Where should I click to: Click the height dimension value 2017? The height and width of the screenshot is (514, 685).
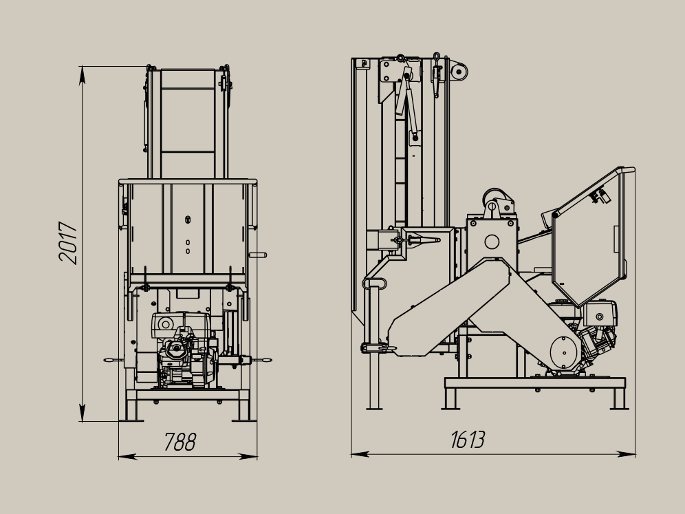coord(67,243)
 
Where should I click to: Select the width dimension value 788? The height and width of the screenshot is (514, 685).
coord(180,442)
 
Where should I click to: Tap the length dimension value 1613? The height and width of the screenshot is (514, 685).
coord(468,440)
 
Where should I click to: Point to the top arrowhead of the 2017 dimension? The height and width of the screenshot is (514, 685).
coord(82,75)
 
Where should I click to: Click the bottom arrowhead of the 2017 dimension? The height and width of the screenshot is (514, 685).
coord(82,413)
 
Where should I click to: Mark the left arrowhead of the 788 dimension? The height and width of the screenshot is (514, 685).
coord(127,457)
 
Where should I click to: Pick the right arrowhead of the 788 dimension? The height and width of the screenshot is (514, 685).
coord(248,457)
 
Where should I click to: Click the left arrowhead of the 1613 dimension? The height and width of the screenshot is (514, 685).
coord(360,455)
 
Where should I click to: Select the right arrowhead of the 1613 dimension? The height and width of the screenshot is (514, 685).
coord(626,455)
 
